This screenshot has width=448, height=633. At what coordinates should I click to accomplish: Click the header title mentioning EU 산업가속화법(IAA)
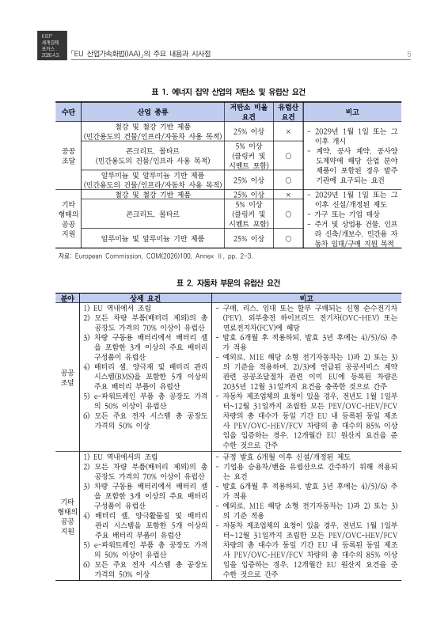pos(140,53)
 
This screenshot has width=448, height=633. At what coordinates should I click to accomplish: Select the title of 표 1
pos(224,91)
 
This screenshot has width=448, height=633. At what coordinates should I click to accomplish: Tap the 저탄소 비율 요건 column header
pos(249,112)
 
